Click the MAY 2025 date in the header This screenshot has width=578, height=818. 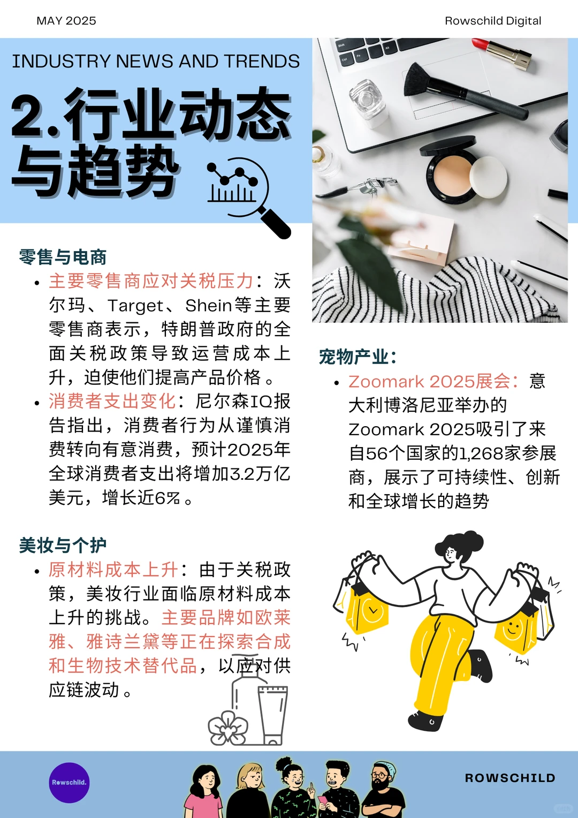pyautogui.click(x=66, y=21)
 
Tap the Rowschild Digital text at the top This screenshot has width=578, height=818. pyautogui.click(x=493, y=21)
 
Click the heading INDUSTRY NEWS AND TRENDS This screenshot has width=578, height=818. pyautogui.click(x=156, y=62)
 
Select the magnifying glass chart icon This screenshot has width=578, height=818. pyautogui.click(x=246, y=194)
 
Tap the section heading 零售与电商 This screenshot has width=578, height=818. pyautogui.click(x=63, y=257)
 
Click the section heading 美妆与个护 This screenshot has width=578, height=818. pyautogui.click(x=63, y=545)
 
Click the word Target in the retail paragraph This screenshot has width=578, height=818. pyautogui.click(x=135, y=305)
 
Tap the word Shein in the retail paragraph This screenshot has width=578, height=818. pyautogui.click(x=209, y=305)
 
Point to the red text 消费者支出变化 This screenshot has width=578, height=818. pyautogui.click(x=112, y=401)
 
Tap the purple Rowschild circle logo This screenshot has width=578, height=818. pyautogui.click(x=69, y=783)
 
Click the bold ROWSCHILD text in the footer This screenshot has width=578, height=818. pyautogui.click(x=510, y=778)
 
